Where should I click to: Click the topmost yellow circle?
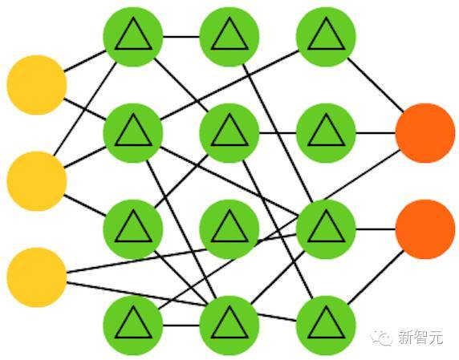(x=37, y=85)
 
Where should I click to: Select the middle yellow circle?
(x=37, y=181)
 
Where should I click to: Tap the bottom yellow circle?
(x=37, y=277)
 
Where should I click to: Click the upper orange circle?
(x=425, y=133)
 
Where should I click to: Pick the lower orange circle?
(x=425, y=229)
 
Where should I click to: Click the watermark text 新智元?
(x=420, y=338)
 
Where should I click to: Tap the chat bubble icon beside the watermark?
(x=381, y=338)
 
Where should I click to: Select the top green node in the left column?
(x=133, y=37)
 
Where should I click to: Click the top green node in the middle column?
(x=229, y=37)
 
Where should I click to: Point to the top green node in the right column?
(x=326, y=37)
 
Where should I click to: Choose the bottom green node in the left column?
(x=133, y=326)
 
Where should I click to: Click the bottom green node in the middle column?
(x=229, y=326)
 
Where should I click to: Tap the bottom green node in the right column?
(x=326, y=326)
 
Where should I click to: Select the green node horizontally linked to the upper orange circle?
(x=326, y=133)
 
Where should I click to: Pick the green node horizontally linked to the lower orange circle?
(x=326, y=229)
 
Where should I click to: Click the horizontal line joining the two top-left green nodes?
(x=181, y=37)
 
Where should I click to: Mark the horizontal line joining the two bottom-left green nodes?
(x=181, y=326)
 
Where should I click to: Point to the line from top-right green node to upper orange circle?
(x=376, y=85)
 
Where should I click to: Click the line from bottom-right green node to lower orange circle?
(x=376, y=277)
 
